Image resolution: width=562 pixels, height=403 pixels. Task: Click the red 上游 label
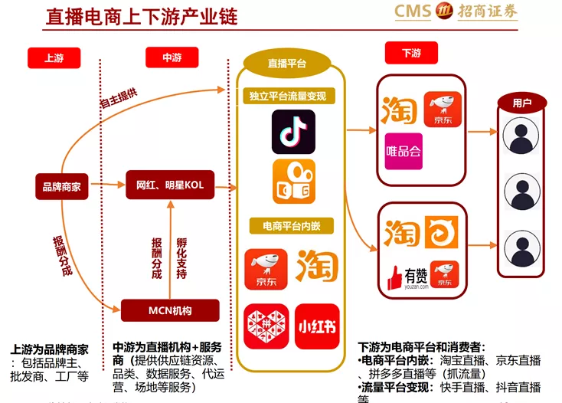click(x=54, y=58)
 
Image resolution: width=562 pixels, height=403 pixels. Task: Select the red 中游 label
click(x=172, y=57)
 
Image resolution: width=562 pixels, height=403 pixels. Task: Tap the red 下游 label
click(x=411, y=53)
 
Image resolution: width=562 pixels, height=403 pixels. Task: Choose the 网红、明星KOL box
click(x=170, y=185)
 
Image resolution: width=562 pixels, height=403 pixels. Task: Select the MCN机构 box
click(x=170, y=310)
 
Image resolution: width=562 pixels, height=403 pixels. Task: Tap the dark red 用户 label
click(x=521, y=102)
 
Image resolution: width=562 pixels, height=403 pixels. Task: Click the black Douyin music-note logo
click(x=293, y=131)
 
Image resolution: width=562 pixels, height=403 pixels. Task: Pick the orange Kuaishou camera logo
click(x=294, y=182)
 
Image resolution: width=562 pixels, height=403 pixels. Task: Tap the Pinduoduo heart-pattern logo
click(x=266, y=326)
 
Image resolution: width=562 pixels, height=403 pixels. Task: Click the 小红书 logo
click(x=317, y=326)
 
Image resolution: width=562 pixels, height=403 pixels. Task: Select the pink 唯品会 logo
click(x=403, y=152)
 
